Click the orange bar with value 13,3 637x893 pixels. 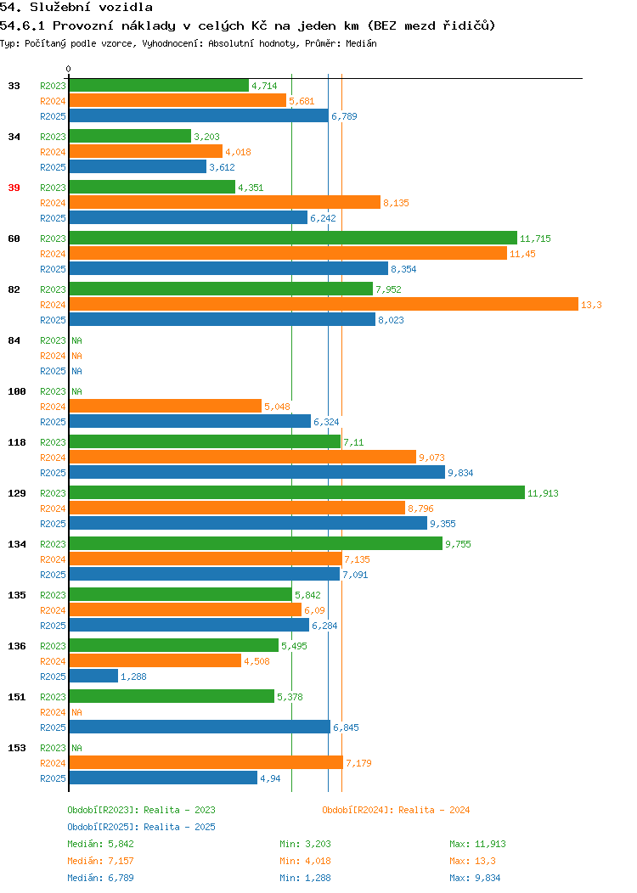pos(324,304)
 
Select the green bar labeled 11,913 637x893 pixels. pos(297,492)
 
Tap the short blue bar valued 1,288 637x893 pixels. pos(93,676)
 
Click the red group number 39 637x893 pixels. pos(14,188)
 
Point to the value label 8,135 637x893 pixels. pos(396,203)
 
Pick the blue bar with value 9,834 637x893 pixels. pos(257,472)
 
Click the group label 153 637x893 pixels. pos(16,748)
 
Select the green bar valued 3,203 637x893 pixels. pos(130,136)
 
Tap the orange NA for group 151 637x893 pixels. pos(77,712)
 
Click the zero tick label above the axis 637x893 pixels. pos(69,69)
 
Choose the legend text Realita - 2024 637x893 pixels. pos(434,810)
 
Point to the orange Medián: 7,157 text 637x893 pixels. pos(100,861)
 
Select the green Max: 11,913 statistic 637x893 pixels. pos(477,844)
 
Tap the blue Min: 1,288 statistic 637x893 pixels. pos(305,879)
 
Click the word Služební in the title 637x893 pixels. pos(60,8)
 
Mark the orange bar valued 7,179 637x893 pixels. pos(206,762)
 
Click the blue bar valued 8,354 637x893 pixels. pos(228,268)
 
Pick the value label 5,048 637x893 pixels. pos(277,407)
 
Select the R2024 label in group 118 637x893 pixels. pos(53,458)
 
